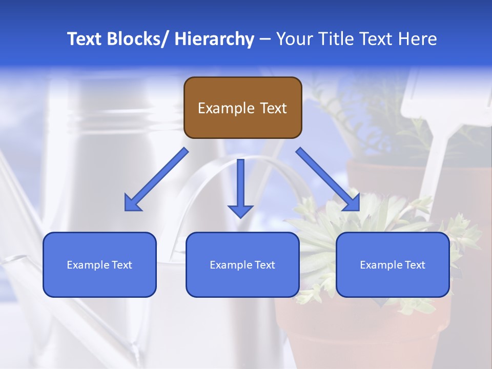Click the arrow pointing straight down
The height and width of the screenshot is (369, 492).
pyautogui.click(x=240, y=187)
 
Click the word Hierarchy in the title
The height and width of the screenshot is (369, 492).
pyautogui.click(x=214, y=39)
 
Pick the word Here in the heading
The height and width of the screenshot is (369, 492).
pyautogui.click(x=419, y=39)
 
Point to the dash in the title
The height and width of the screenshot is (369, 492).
pyautogui.click(x=265, y=39)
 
